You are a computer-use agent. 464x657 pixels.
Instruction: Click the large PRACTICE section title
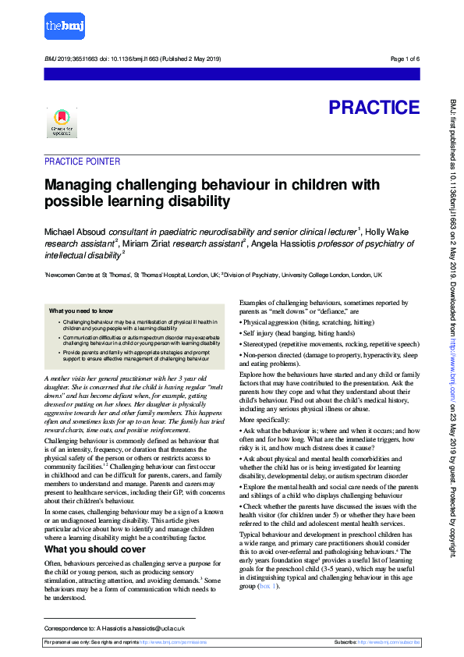point(374,107)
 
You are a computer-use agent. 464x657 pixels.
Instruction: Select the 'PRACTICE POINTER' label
point(82,162)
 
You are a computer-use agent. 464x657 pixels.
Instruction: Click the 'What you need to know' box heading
point(80,311)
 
